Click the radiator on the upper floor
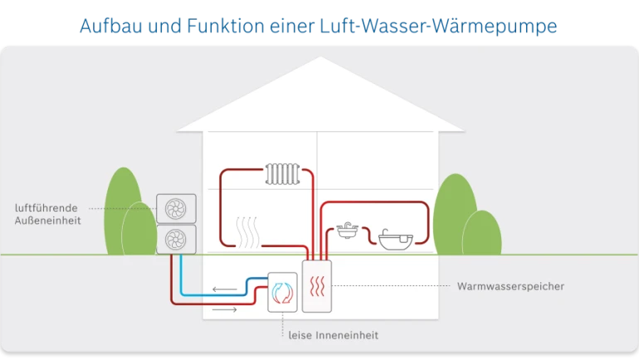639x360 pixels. (x=285, y=174)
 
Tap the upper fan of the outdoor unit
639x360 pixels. (x=177, y=208)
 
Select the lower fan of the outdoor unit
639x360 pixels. (x=177, y=240)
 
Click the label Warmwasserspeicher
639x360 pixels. (x=510, y=286)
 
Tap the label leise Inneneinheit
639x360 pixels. (x=333, y=335)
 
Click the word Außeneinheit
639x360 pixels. (x=48, y=221)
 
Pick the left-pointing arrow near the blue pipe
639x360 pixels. (x=224, y=289)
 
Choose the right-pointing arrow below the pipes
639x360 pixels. (x=224, y=309)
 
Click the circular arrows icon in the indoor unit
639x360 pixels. (x=283, y=292)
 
